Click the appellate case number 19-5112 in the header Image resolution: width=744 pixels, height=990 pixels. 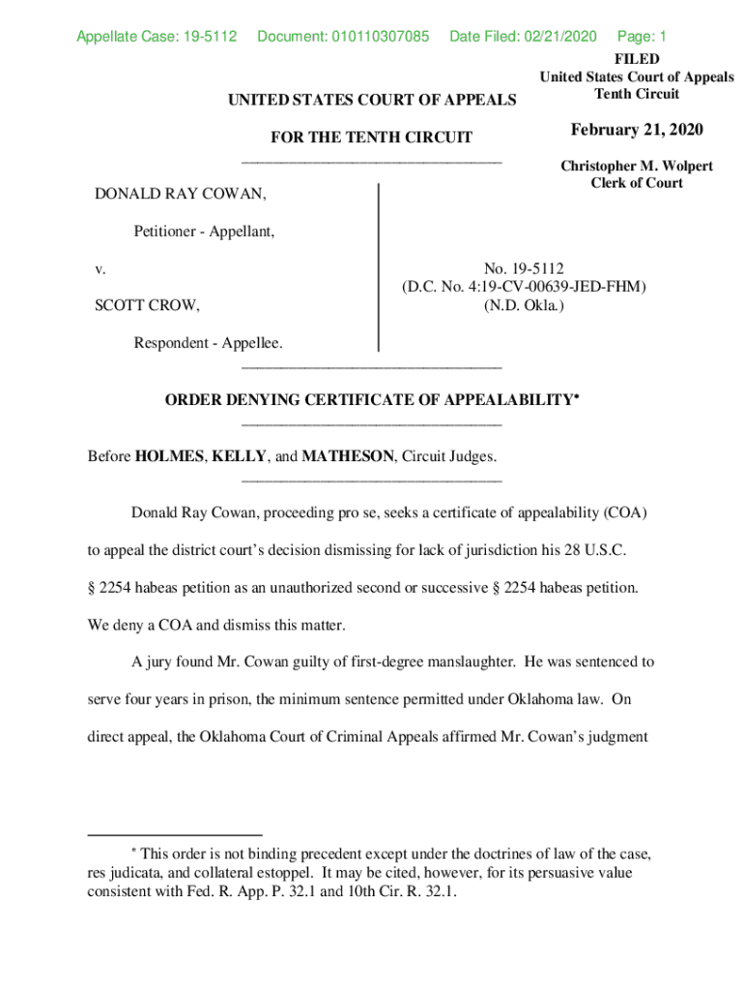[x=209, y=38]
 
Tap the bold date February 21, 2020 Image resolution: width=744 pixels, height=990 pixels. [x=637, y=131]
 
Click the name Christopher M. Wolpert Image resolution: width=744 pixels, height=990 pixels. [x=637, y=166]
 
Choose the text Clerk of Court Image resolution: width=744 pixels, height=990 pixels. [x=637, y=183]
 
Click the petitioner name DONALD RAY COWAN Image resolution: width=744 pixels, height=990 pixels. [x=180, y=194]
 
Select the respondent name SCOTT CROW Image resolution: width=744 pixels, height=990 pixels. [x=147, y=306]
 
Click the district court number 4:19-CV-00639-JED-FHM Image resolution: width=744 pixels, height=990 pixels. [x=546, y=287]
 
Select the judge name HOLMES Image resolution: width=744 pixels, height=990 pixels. [x=169, y=455]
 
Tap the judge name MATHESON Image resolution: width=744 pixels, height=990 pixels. [x=348, y=455]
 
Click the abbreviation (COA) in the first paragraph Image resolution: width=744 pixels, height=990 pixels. [x=626, y=512]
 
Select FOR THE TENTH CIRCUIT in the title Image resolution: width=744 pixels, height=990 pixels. [x=372, y=138]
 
